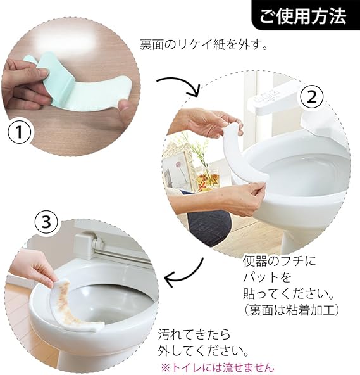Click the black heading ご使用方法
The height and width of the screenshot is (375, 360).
point(303,16)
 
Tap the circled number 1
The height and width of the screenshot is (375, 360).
point(20,132)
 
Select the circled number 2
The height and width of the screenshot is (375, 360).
point(311,98)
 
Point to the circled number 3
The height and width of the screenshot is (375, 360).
point(46,222)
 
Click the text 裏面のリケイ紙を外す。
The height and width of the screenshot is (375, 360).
point(204,44)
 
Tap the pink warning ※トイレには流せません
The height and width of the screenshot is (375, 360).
point(216,367)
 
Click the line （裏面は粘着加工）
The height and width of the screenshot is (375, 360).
point(291,310)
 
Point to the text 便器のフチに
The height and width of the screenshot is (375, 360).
point(279,262)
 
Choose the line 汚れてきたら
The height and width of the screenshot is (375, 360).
point(194,334)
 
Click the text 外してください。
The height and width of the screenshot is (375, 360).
point(204,350)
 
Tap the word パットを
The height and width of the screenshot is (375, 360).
point(267,277)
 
